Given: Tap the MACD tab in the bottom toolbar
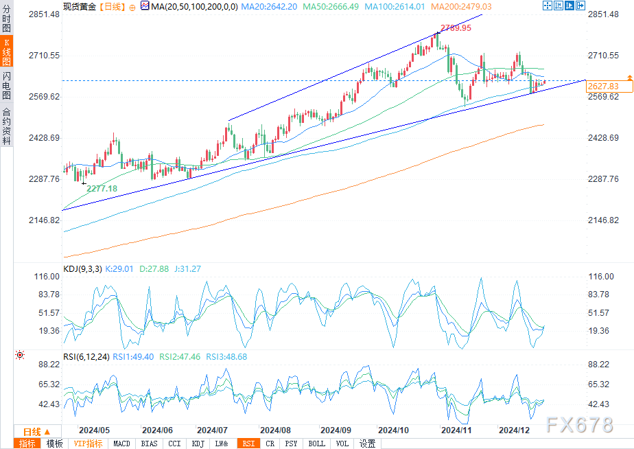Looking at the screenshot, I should (x=121, y=444).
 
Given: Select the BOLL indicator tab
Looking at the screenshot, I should (x=316, y=444).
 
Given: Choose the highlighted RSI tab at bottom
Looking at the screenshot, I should (x=247, y=444).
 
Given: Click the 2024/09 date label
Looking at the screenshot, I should (x=336, y=430).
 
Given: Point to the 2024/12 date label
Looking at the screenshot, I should (x=514, y=430).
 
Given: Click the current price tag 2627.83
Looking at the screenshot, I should (x=604, y=87).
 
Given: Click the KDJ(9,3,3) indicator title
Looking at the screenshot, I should (x=82, y=269).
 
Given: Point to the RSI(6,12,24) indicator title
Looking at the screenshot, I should (x=86, y=357).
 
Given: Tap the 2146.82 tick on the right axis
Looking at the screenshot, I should (x=604, y=220).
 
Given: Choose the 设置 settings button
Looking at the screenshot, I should (x=368, y=444).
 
